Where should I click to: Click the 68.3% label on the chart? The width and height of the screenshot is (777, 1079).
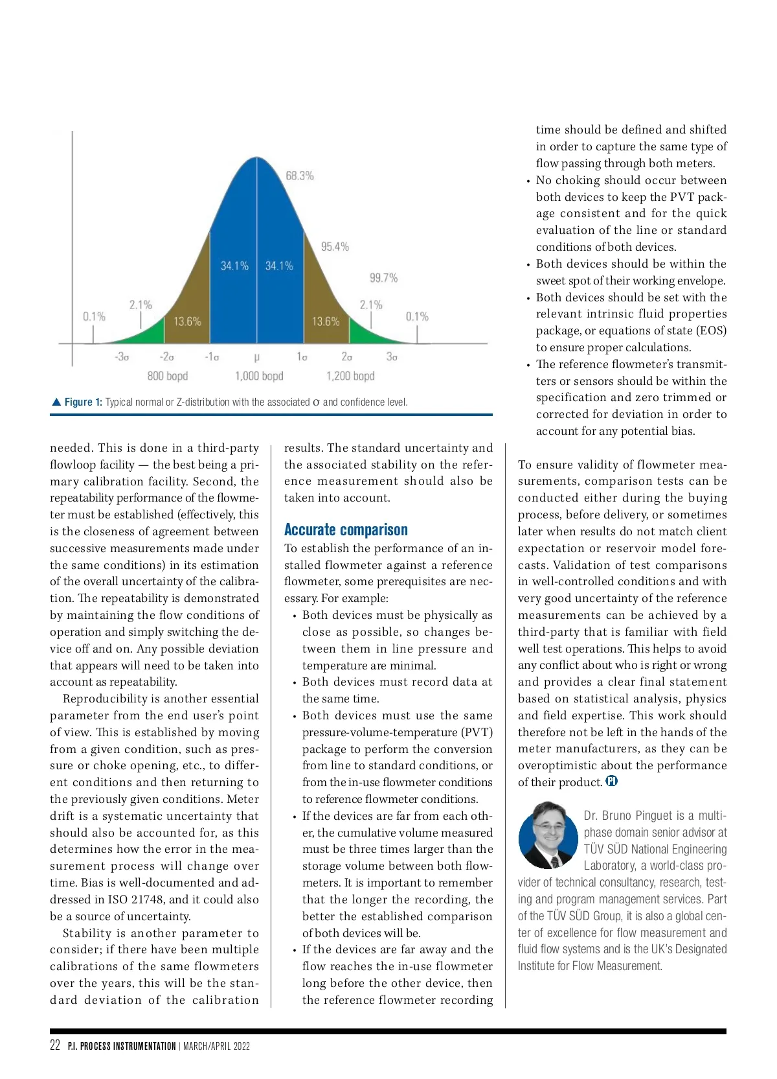coord(300,176)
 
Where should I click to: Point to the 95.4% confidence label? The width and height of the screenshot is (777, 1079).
coord(335,246)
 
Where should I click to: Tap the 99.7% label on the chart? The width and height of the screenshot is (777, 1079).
coord(383,278)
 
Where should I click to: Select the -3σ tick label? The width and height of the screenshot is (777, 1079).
coord(122,356)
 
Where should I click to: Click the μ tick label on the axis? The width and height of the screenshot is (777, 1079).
coord(257,356)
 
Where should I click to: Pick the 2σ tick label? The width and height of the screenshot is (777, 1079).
coord(347,356)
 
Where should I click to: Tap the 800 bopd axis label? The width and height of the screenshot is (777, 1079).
coord(167,376)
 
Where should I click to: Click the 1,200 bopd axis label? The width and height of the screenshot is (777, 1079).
coord(350,376)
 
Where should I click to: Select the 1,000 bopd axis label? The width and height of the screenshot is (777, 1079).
coord(259,376)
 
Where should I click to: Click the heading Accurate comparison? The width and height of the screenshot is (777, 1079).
coord(346,529)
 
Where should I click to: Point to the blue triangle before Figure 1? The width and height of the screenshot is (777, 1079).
coord(56,402)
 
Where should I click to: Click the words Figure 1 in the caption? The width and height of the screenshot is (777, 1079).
coord(83,402)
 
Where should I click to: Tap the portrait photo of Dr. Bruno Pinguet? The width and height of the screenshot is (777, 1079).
coord(548,835)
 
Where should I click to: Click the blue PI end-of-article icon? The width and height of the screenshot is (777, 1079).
coord(612,781)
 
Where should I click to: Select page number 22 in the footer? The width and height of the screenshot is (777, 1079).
coord(55,1045)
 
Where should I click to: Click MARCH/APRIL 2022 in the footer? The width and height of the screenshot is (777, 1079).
coord(216,1046)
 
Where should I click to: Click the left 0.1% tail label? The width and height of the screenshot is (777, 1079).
coord(94,316)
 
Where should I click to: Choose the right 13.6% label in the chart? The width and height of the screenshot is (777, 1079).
coord(326,321)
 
